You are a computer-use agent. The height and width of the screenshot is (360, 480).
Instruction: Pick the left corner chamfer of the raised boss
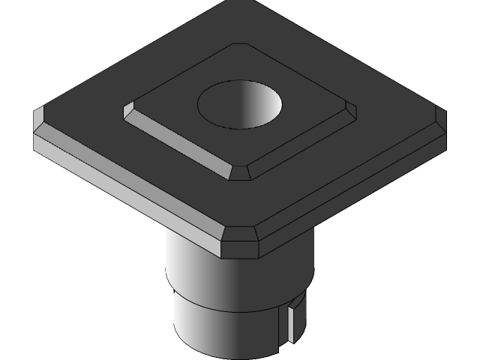(129, 114)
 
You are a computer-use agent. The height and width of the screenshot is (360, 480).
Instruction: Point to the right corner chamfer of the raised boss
(350, 112)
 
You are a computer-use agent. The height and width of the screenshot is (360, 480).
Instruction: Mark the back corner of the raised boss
(238, 46)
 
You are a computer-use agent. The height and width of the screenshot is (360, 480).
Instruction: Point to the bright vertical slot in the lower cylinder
(289, 322)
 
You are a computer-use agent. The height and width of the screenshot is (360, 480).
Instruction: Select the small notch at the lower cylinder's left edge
(174, 294)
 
